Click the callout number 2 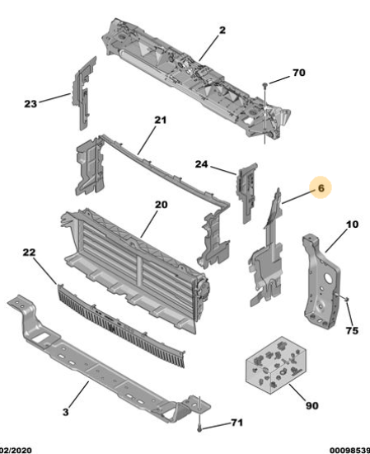coord(222,30)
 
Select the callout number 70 coord(299,73)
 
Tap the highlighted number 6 coord(321,188)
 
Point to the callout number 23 coord(30,103)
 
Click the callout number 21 coord(161,120)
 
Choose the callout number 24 coord(201,164)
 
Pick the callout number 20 coord(161,205)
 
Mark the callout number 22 coord(29,252)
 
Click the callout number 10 coord(352,224)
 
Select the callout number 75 coord(352,330)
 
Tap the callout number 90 coord(311,405)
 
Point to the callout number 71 coord(237,423)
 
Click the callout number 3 coord(66,412)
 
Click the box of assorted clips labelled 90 coord(275,365)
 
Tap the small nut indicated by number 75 coord(347,298)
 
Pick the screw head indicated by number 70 coord(265,84)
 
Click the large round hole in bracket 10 coord(328,278)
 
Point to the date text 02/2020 coord(16,451)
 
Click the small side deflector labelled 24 coord(246,192)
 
